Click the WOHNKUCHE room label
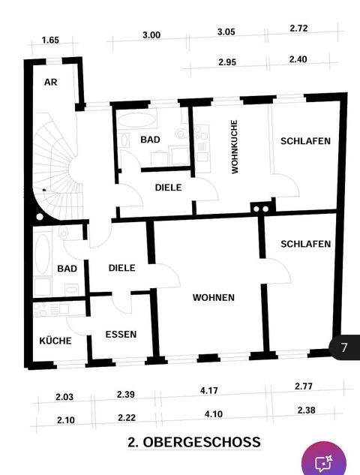coord(235,148)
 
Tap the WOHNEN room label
coord(214,298)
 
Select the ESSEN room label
coord(121,334)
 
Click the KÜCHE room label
coord(55,341)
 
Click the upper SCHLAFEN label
coord(305,141)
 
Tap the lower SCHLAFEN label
coord(305,244)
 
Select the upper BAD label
coord(151,140)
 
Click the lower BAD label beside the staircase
coord(67,269)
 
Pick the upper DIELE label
coord(169,187)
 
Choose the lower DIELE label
coord(121,268)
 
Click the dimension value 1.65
coord(50,40)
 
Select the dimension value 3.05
coord(226,33)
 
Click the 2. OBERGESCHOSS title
coord(194,442)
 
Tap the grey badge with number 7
coord(344,347)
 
